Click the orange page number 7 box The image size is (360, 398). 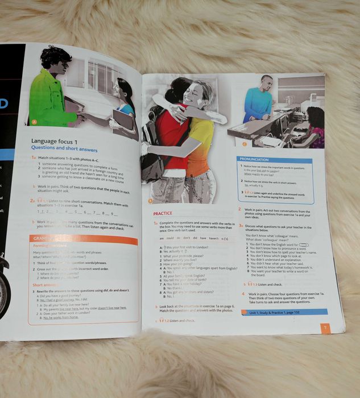324,327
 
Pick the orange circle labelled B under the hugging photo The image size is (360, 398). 151,200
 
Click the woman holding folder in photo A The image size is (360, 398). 123,102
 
